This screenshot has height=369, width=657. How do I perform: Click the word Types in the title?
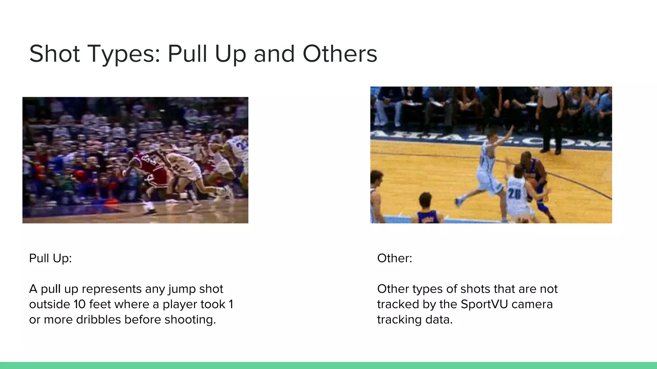123,54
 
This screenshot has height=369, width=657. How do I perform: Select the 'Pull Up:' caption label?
50,258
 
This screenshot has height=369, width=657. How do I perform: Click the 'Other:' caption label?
394,258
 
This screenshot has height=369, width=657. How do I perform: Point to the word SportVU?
484,304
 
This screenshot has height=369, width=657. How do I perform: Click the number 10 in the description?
80,304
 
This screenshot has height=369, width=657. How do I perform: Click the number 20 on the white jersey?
514,193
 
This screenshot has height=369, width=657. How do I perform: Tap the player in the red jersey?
148,173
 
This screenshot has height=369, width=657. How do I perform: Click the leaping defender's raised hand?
511,130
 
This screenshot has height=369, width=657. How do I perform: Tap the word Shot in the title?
54,54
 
